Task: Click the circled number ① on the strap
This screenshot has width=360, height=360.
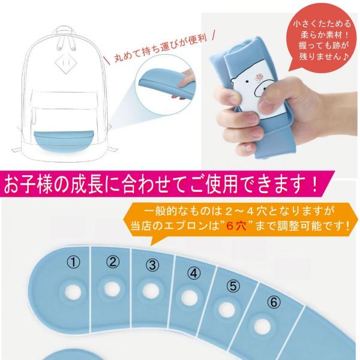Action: [73, 262]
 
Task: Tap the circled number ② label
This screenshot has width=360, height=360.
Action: [113, 262]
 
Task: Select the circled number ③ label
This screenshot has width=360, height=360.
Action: [152, 265]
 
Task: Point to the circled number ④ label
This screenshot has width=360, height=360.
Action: [194, 273]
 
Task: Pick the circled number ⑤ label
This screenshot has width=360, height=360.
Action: [233, 286]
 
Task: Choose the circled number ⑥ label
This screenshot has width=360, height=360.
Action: [274, 302]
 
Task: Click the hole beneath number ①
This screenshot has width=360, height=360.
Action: [73, 293]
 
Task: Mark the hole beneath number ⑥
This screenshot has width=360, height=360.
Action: [262, 326]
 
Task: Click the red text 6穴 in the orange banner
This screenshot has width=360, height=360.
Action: [236, 226]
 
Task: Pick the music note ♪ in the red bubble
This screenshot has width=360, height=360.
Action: [345, 56]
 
